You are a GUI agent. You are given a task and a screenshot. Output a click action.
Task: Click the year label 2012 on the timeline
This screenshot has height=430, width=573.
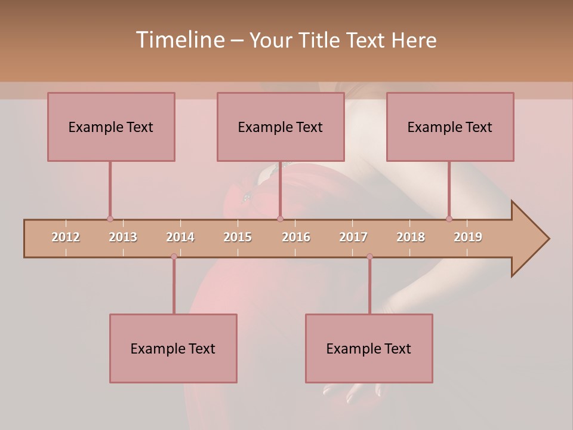66,237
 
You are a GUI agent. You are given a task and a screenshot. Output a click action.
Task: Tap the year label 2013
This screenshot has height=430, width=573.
123,237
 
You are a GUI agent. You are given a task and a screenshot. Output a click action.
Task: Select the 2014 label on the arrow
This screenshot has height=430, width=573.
180,237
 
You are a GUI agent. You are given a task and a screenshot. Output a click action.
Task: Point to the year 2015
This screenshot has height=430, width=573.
238,237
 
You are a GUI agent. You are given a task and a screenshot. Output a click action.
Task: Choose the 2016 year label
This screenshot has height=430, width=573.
296,237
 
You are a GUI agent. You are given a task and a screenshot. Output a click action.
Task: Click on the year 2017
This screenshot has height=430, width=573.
353,237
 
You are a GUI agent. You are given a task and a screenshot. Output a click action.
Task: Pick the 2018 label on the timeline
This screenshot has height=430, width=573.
411,237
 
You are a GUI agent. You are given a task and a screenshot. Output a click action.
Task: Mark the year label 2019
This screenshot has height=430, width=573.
468,237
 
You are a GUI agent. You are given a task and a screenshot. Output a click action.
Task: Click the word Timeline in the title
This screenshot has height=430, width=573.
179,40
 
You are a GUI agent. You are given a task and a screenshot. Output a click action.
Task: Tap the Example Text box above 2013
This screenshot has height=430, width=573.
111,127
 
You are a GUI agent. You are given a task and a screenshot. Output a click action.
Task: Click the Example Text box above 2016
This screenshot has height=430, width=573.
281,127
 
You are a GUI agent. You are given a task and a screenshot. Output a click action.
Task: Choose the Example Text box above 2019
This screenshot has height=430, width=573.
450,127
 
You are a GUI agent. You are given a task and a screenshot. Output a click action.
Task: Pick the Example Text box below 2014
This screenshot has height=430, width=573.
173,348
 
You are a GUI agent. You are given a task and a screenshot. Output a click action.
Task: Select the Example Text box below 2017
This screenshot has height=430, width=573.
369,348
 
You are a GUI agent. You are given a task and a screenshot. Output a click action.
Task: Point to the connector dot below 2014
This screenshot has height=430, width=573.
174,256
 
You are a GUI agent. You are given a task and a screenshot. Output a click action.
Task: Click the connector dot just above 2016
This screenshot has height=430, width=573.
281,219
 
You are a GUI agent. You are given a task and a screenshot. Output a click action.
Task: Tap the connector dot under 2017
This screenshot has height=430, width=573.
369,256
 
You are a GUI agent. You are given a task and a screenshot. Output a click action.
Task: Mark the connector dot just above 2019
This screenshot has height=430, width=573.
449,219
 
